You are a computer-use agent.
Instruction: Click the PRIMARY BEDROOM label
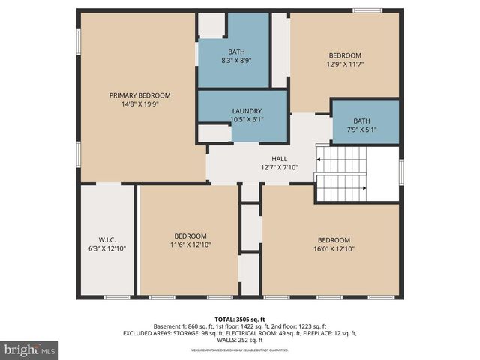(139, 95)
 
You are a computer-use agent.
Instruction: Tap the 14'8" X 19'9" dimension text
(139, 104)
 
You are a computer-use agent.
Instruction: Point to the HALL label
(279, 159)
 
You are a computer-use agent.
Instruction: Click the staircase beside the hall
(341, 174)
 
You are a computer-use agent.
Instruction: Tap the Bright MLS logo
(30, 349)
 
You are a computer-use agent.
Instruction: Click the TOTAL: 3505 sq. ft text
(240, 319)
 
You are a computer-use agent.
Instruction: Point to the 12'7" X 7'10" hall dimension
(279, 167)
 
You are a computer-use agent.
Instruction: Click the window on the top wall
(367, 10)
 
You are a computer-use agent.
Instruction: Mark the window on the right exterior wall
(401, 172)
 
